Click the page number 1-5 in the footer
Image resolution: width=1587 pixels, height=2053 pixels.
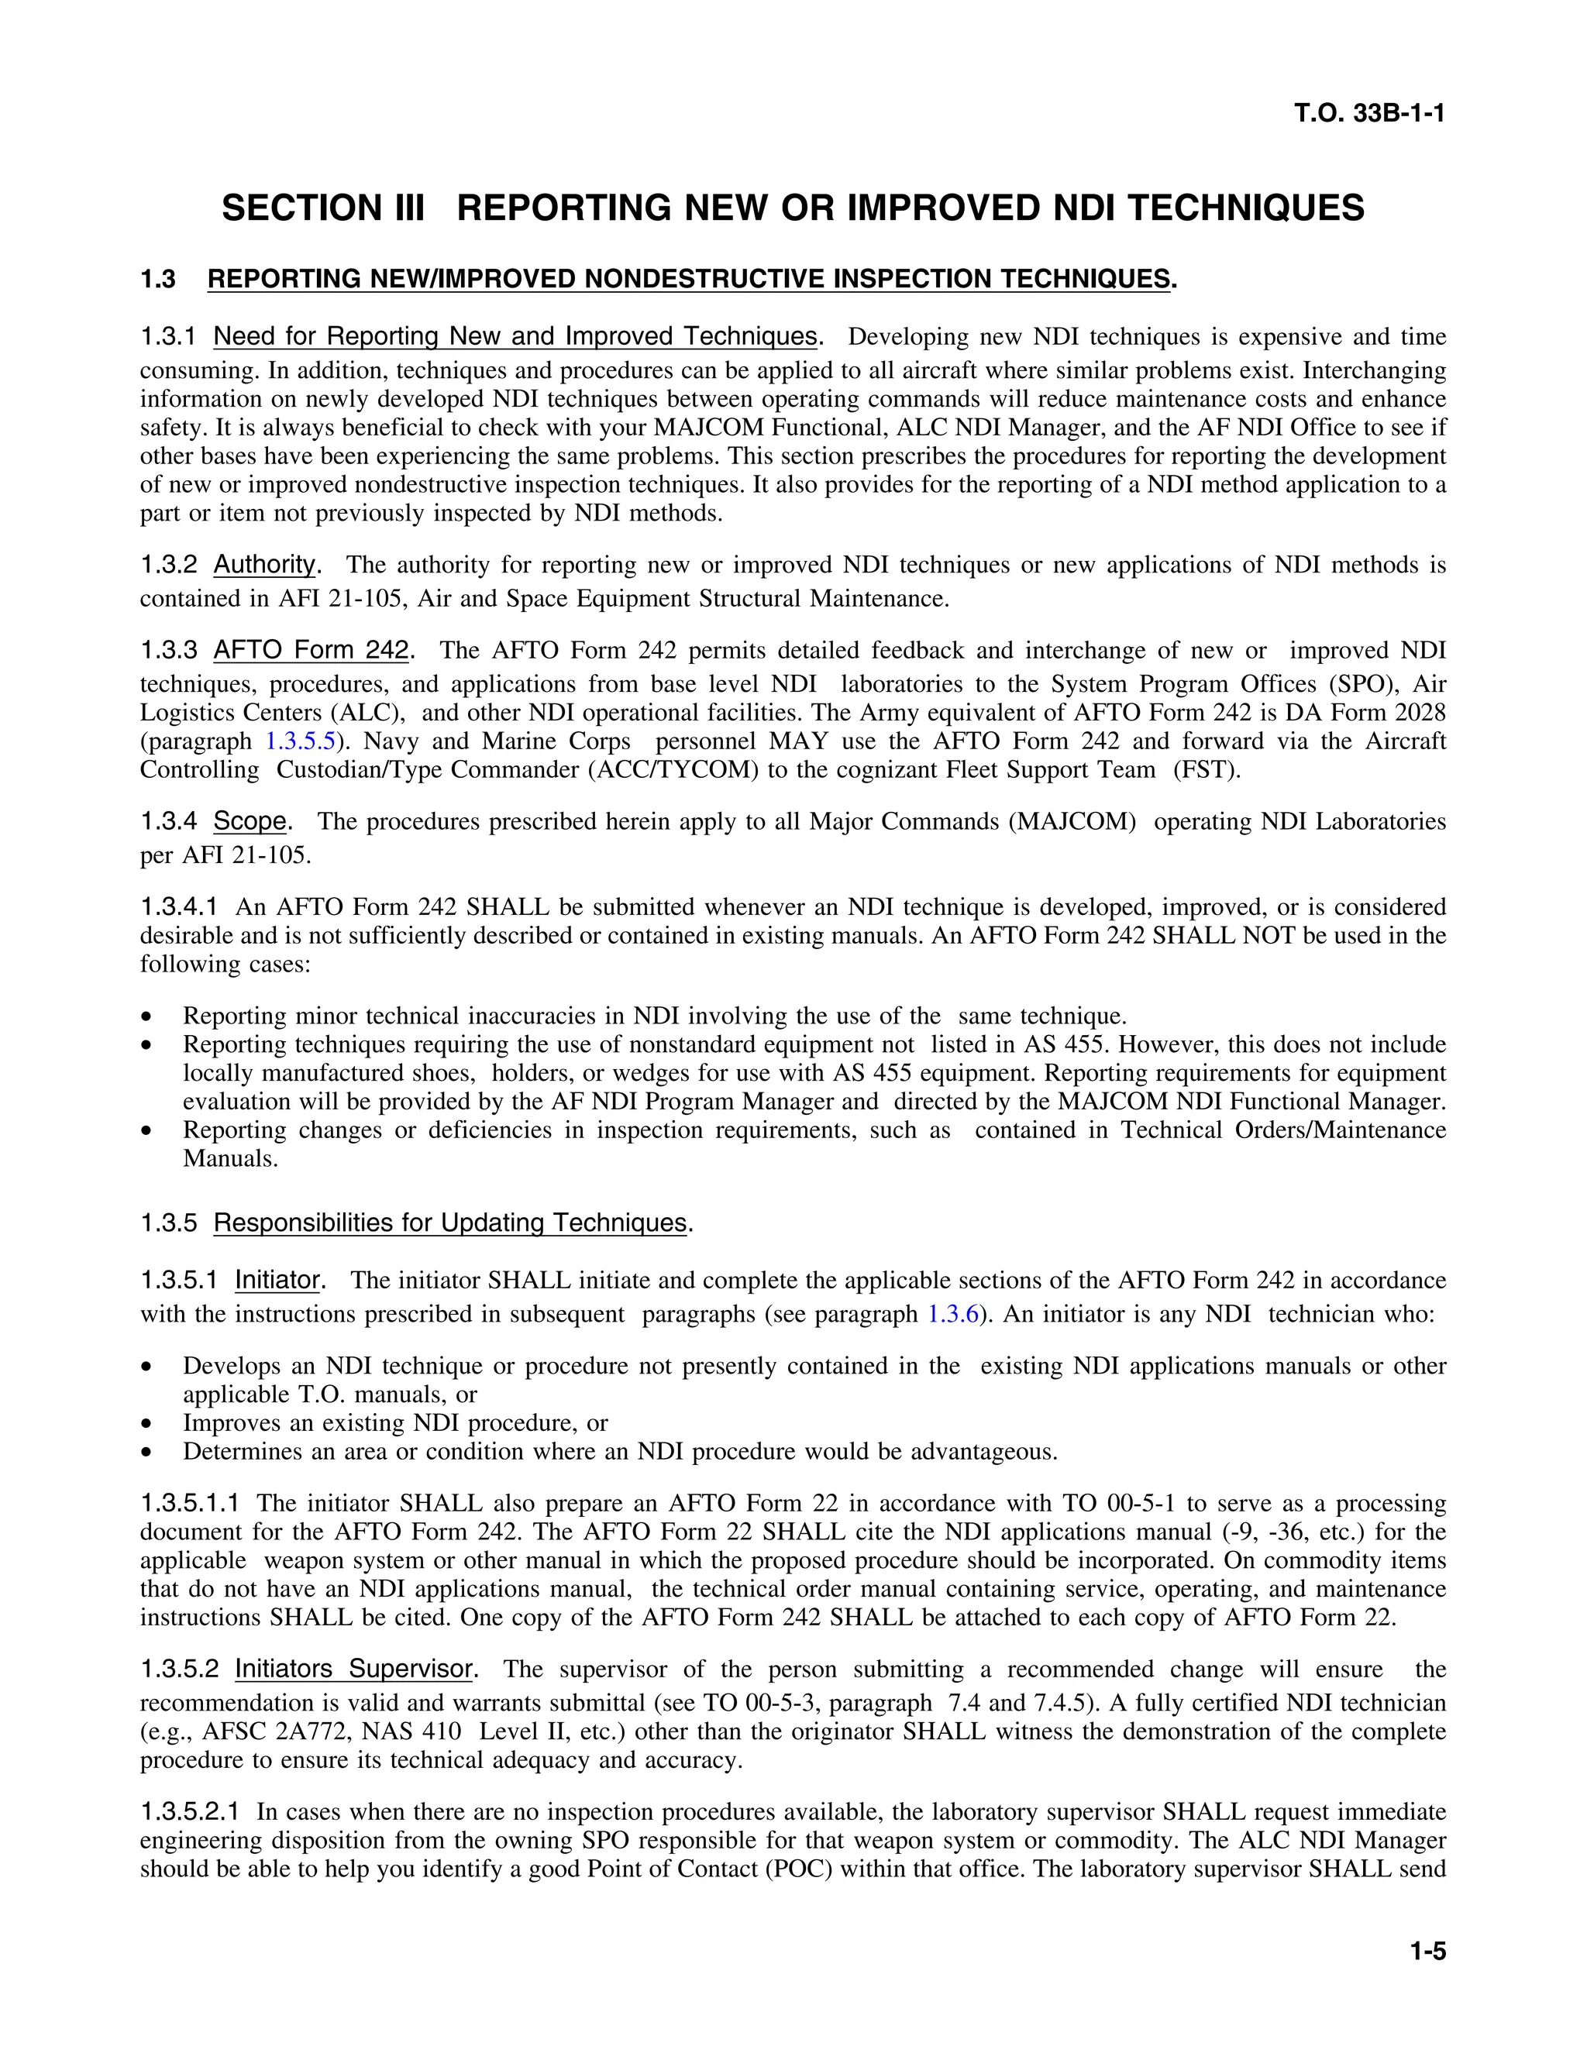(1427, 1952)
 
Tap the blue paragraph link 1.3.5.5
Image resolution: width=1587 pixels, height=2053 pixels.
(300, 741)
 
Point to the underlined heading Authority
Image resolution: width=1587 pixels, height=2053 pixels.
(265, 564)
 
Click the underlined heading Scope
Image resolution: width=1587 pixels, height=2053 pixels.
(250, 820)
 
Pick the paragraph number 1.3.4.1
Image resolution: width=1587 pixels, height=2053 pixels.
(179, 907)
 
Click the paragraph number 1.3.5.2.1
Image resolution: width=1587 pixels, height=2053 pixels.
(189, 1811)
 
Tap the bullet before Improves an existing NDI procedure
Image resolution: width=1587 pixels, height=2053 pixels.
(146, 1424)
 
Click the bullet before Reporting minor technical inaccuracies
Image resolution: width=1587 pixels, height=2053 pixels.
(146, 1017)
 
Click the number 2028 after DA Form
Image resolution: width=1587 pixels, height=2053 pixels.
(1417, 713)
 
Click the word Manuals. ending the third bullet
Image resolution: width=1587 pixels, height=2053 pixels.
(230, 1158)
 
